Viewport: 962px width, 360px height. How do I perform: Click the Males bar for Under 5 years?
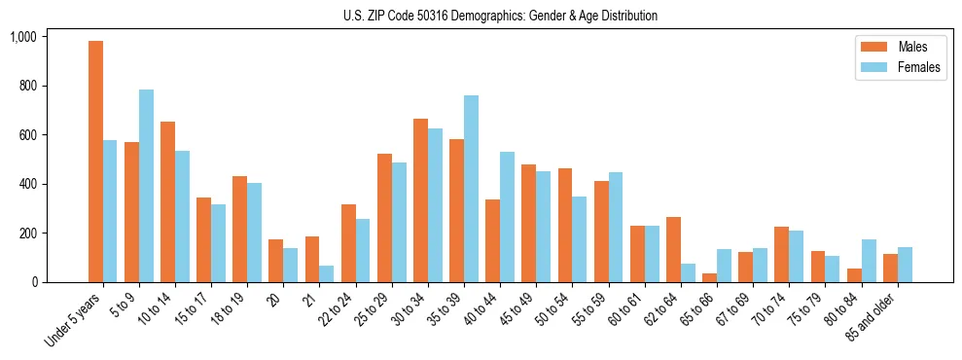95,162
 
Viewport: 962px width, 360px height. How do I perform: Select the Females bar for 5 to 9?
146,186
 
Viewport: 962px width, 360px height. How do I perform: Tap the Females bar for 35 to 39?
471,189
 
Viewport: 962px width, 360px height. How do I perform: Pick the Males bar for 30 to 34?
420,200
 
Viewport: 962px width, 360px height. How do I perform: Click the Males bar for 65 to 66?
709,277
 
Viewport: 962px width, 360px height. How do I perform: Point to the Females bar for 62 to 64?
688,272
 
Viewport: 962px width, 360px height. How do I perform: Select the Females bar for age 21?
327,273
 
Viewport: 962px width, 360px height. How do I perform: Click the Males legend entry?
895,47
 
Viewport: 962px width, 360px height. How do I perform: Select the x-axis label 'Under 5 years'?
74,320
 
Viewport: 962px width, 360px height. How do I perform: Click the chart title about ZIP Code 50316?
500,16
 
